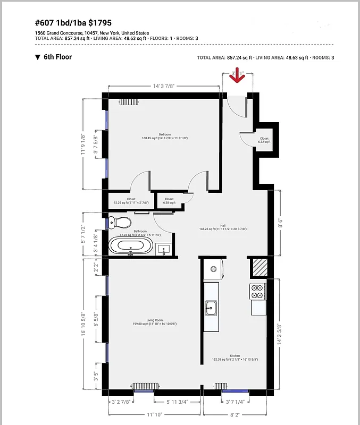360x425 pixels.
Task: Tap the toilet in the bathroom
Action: coord(120,222)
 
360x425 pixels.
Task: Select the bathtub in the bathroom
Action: coord(131,246)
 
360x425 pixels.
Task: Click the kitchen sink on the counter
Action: coord(211,307)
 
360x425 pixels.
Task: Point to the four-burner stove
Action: coord(257,291)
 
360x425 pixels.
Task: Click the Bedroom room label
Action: coord(164,135)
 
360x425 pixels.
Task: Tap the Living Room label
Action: coord(155,320)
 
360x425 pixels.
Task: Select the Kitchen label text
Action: coord(235,355)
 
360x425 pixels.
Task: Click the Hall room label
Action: coord(223,225)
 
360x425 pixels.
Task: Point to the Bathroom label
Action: coord(140,231)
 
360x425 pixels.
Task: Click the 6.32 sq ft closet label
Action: coord(264,139)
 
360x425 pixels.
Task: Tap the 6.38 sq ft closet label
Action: coord(169,199)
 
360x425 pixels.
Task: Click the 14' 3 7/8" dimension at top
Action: coord(164,85)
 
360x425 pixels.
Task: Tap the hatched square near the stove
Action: coord(258,267)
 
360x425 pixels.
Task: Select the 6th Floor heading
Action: coord(57,57)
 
